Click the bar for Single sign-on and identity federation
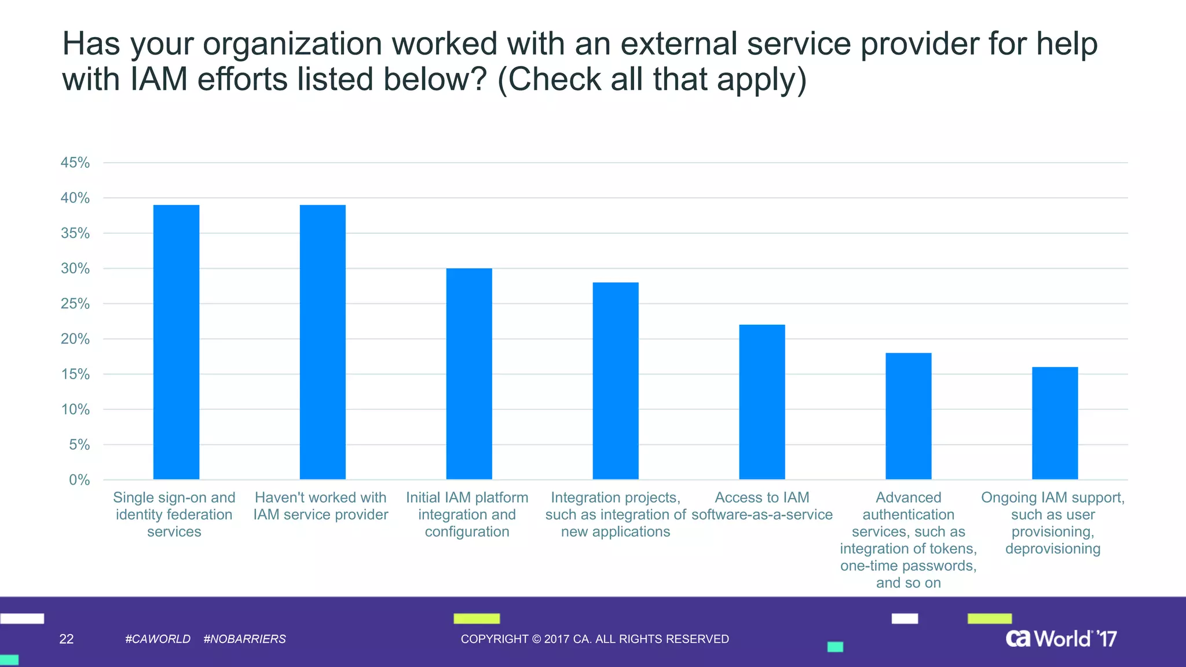[x=176, y=342]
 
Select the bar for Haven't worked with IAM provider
[x=323, y=342]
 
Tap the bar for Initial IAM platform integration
[x=469, y=373]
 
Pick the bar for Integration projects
[x=616, y=380]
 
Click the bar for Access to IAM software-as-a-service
[x=762, y=402]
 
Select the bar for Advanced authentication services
[x=909, y=416]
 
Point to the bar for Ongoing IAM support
[x=1055, y=423]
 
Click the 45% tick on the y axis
[x=75, y=163]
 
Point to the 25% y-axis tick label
[x=75, y=304]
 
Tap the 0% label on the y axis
[x=79, y=480]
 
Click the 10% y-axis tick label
[x=75, y=410]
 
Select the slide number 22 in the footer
[x=67, y=639]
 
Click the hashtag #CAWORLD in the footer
[x=158, y=639]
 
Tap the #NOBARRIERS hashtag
[x=244, y=639]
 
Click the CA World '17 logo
[x=1061, y=639]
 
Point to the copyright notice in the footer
[x=595, y=639]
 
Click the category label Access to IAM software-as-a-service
[x=762, y=506]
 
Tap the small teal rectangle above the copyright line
[x=835, y=647]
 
